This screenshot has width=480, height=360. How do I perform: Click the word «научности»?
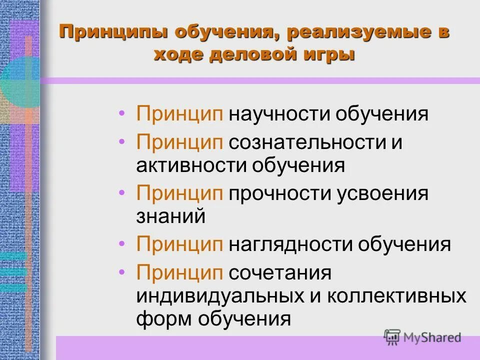pos(280,114)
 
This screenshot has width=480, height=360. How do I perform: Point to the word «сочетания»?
pos(280,273)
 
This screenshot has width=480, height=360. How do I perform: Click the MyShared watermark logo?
pos(423,337)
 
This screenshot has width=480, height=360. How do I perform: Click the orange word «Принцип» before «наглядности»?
pos(180,245)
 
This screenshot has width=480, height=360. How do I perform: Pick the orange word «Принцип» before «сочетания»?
pos(180,273)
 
